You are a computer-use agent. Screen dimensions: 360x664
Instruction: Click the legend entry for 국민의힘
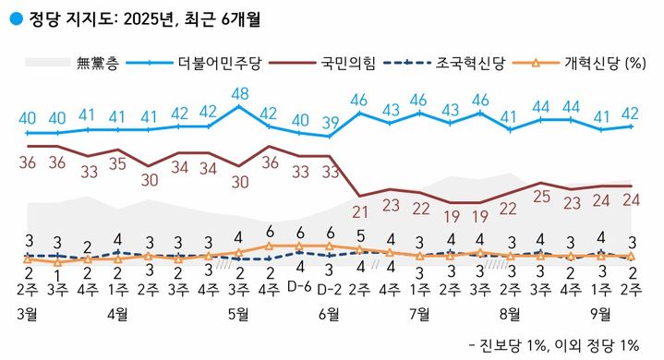347,64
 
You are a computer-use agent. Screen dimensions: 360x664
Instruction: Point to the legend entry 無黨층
96,64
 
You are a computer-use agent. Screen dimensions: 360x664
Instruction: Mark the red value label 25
541,195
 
